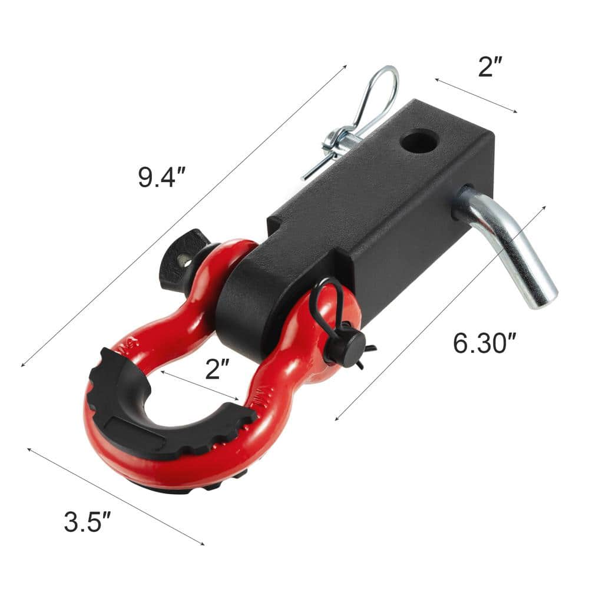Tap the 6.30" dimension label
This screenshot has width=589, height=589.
(480, 342)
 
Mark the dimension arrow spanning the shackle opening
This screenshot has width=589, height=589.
(200, 386)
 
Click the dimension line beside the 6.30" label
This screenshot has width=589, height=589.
(442, 312)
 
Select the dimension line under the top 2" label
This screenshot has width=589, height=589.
(476, 94)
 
